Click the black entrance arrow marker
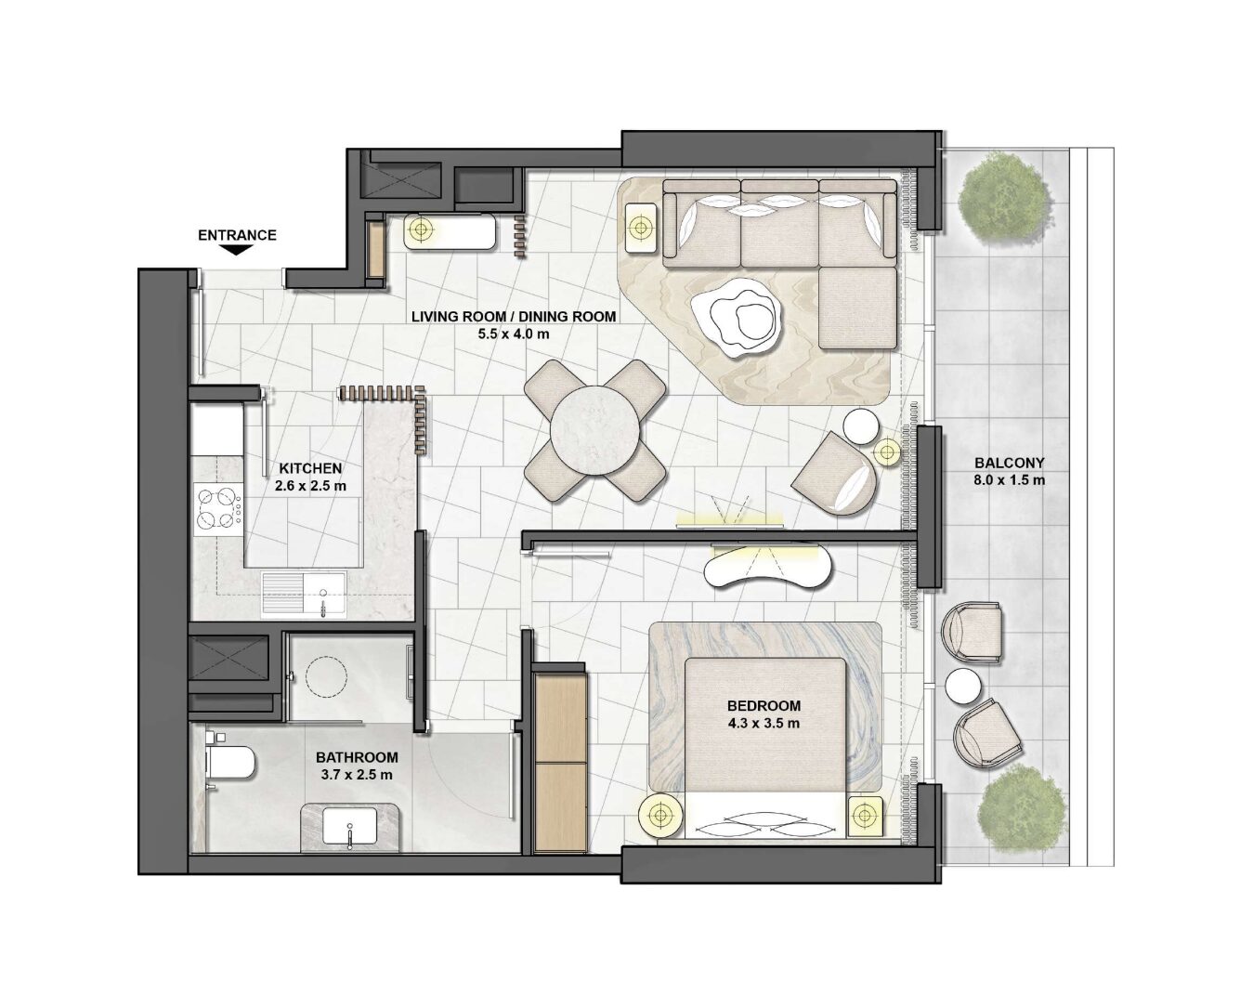coord(237,250)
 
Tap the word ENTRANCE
coord(237,235)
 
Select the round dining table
coord(594,430)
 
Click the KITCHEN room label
coord(310,468)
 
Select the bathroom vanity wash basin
coord(349,825)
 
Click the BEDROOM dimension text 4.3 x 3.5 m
coord(764,723)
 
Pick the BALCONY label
coord(1009,463)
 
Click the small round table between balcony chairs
coord(963,687)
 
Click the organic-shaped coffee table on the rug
coord(737,316)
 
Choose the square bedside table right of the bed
coord(865,817)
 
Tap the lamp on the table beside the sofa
coord(640,228)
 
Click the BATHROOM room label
coord(357,757)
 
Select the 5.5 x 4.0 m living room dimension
coord(514,334)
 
